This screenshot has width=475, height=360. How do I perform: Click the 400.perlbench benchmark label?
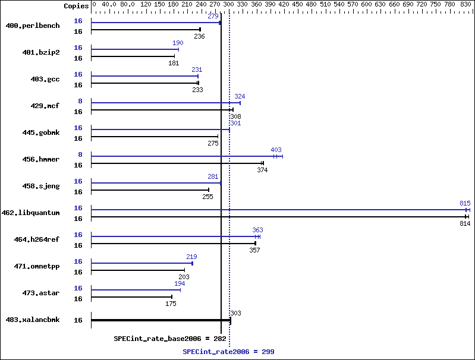pyautogui.click(x=33, y=26)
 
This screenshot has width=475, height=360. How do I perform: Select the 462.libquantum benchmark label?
pyautogui.click(x=30, y=213)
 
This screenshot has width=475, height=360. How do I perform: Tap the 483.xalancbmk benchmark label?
pyautogui.click(x=33, y=320)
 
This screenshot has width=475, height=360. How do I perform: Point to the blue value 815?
pyautogui.click(x=465, y=203)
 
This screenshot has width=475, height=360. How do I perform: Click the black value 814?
pyautogui.click(x=465, y=223)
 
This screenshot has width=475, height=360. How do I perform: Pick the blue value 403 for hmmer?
pyautogui.click(x=276, y=150)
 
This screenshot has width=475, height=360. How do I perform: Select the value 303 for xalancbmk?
pyautogui.click(x=235, y=313)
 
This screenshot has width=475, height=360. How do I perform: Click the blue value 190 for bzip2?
pyautogui.click(x=178, y=43)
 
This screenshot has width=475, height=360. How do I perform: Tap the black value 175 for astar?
pyautogui.click(x=171, y=304)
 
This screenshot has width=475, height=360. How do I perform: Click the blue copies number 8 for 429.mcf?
pyautogui.click(x=80, y=101)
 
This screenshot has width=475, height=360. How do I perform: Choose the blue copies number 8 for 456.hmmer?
pyautogui.click(x=80, y=154)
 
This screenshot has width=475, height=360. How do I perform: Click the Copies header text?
pyautogui.click(x=76, y=6)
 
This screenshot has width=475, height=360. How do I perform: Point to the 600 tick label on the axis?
pyautogui.click(x=366, y=4)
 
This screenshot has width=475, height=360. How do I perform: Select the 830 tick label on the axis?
pyautogui.click(x=465, y=4)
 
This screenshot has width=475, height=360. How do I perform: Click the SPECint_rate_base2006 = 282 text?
pyautogui.click(x=170, y=339)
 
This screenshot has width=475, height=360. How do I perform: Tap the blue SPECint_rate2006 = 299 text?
pyautogui.click(x=228, y=352)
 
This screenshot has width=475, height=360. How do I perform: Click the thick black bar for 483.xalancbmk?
pyautogui.click(x=161, y=320)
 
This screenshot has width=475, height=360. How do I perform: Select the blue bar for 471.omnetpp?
pyautogui.click(x=141, y=263)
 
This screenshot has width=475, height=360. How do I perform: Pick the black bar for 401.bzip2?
pyautogui.click(x=133, y=56)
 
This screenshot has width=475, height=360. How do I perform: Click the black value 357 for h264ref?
pyautogui.click(x=254, y=250)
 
